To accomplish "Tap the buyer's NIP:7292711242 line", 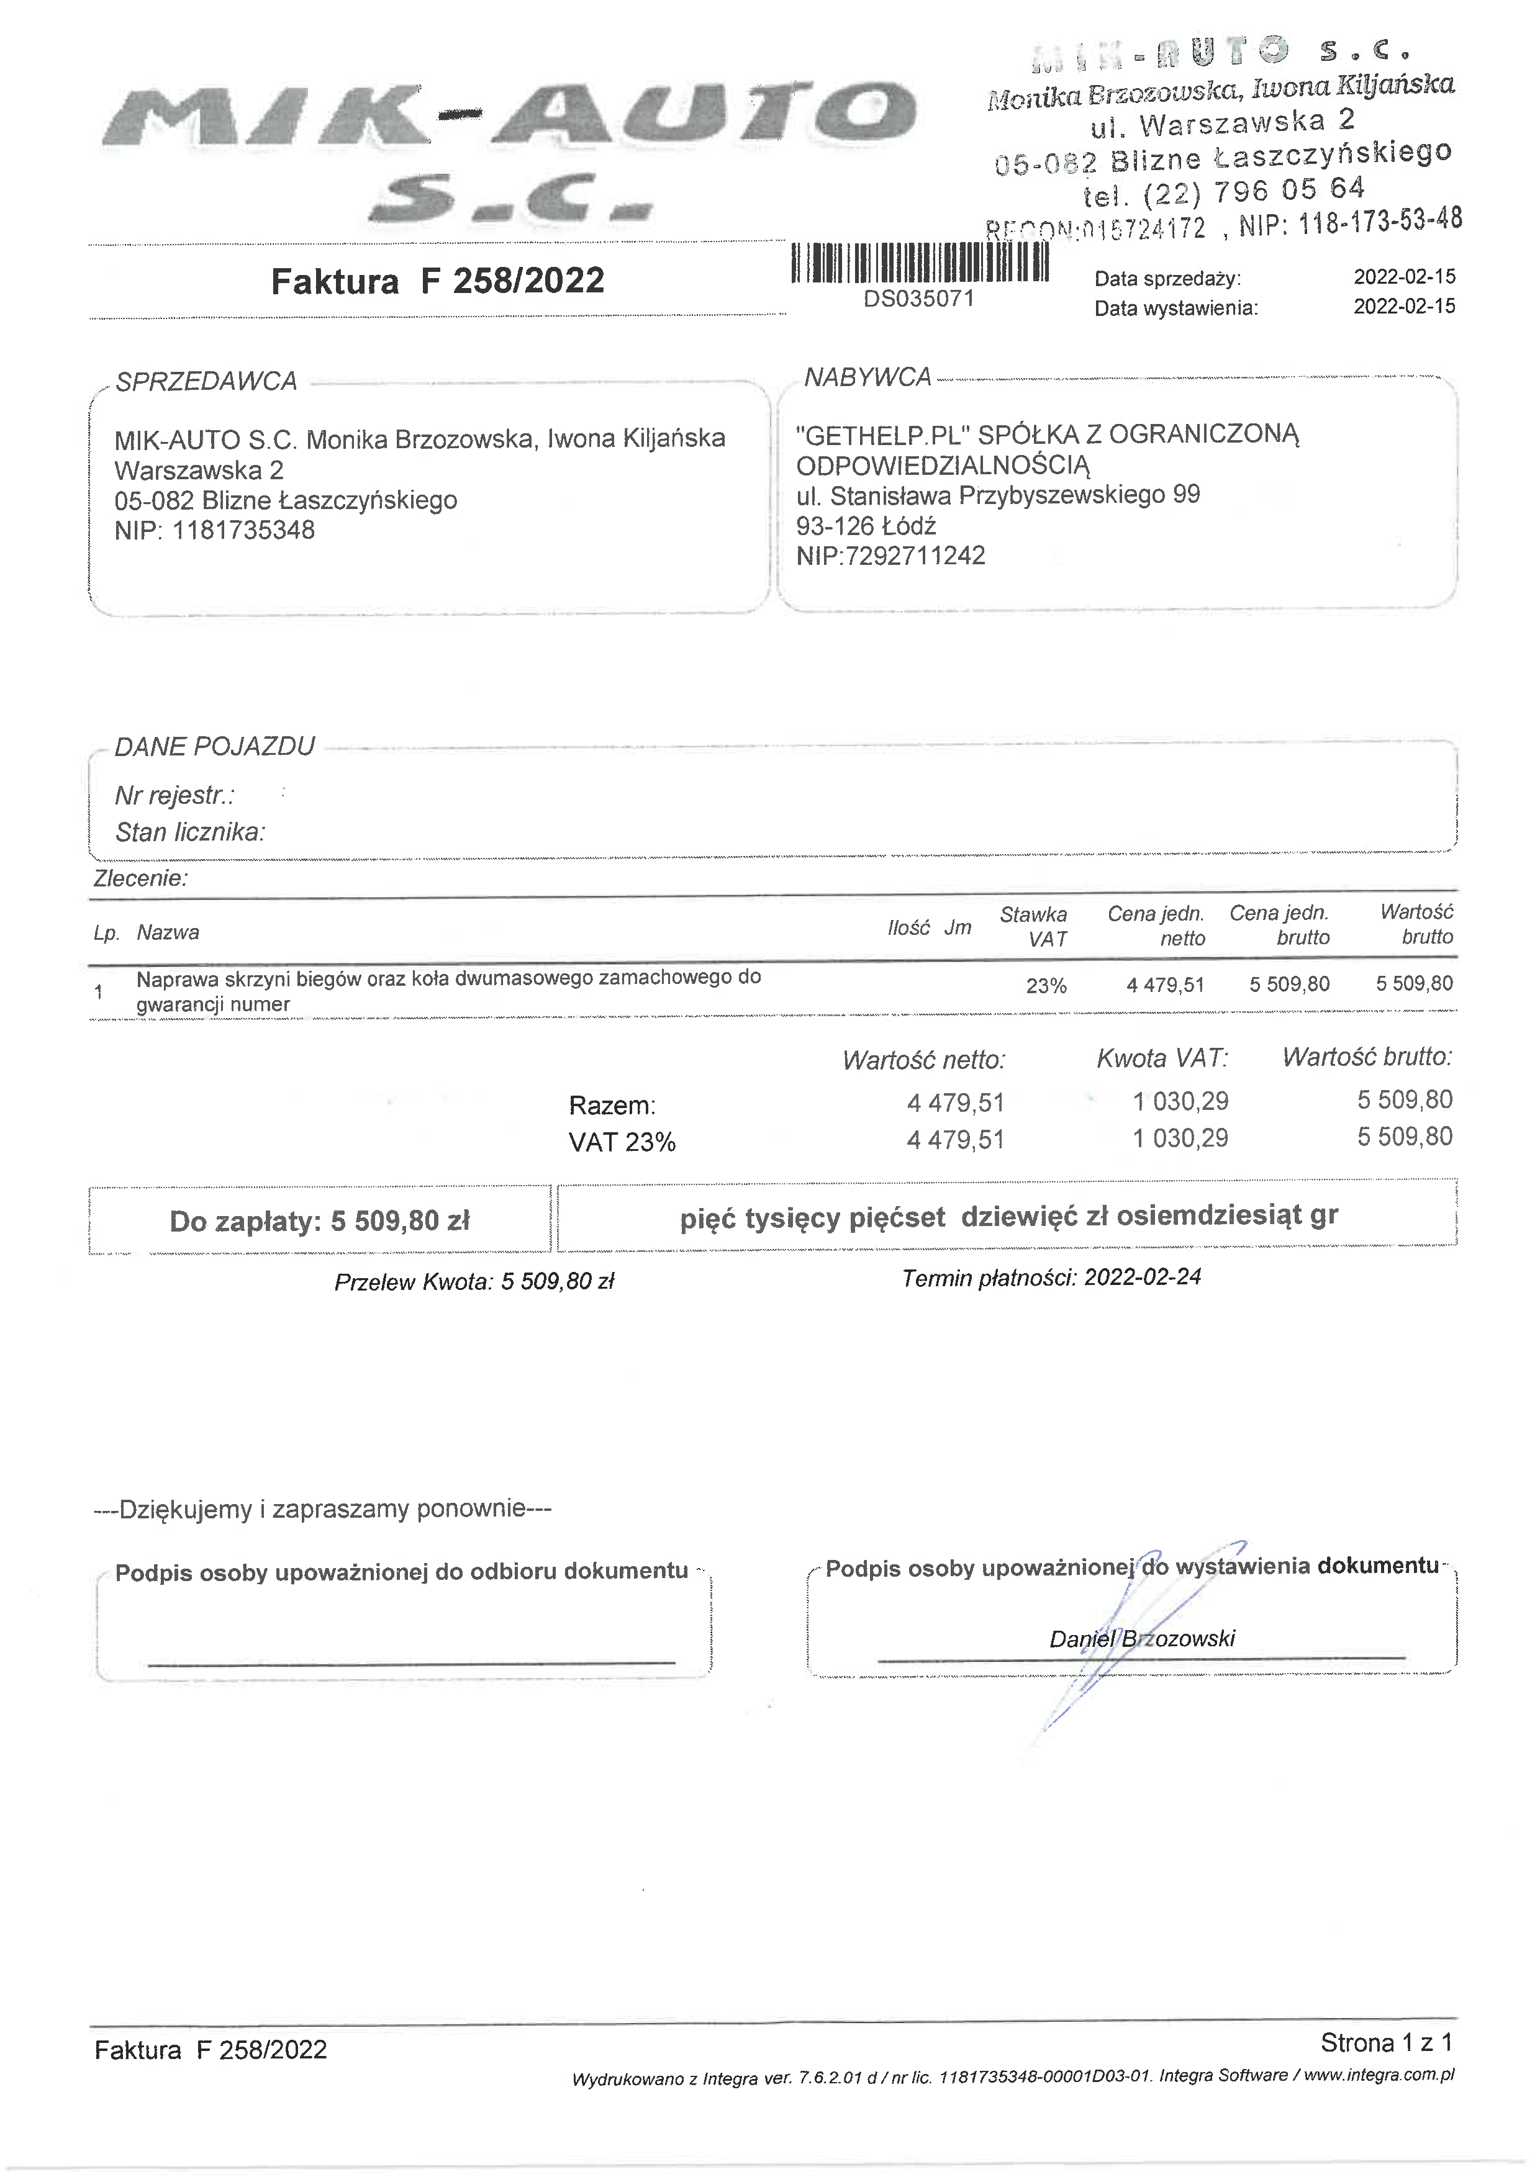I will [x=890, y=556].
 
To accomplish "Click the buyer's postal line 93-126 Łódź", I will [x=866, y=525].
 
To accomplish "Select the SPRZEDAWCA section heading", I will [x=206, y=381].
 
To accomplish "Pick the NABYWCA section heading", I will [x=867, y=377].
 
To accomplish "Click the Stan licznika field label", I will [x=189, y=832].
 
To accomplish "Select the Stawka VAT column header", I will [x=1034, y=926].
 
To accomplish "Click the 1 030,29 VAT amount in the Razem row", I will [x=1180, y=1102].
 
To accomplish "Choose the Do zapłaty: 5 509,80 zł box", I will [x=320, y=1221].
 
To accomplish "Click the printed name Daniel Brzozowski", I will [x=1142, y=1638].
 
